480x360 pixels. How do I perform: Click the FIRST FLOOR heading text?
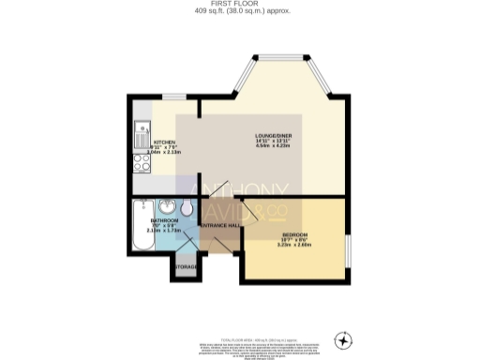click(x=239, y=4)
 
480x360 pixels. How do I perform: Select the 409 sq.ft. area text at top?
click(x=239, y=11)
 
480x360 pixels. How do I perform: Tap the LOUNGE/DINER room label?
click(x=272, y=136)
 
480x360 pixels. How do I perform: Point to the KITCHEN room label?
click(x=164, y=142)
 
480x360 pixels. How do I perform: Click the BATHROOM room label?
click(x=165, y=220)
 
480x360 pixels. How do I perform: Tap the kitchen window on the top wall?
click(x=175, y=96)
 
